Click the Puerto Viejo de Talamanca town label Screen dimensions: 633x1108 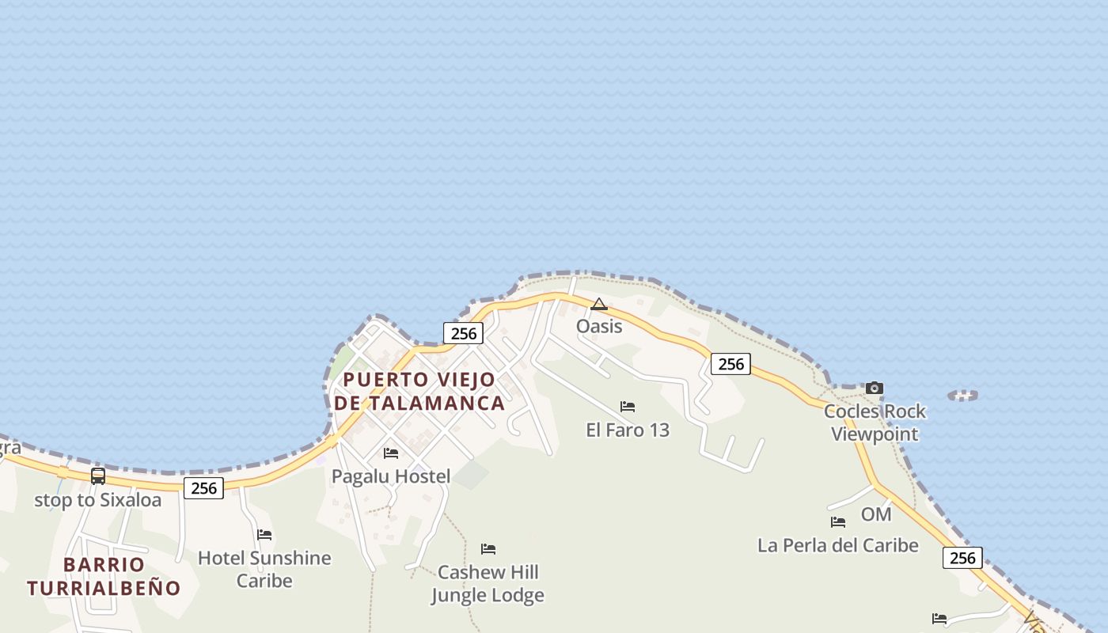(419, 391)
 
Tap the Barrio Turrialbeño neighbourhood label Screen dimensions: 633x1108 (104, 576)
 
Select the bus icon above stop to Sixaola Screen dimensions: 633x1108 (98, 476)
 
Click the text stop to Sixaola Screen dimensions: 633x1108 (97, 500)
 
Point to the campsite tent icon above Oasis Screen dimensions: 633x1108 (599, 304)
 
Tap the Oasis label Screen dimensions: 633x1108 (599, 326)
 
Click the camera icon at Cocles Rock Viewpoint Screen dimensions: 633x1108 (874, 388)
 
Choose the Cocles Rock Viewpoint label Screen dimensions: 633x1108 (875, 423)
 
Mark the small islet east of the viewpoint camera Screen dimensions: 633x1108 (963, 395)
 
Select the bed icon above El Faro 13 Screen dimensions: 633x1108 (628, 407)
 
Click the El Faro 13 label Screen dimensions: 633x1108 (628, 430)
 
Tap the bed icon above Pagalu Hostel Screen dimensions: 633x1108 (391, 453)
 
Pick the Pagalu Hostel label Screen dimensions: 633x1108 (391, 476)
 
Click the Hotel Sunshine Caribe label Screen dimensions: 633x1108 (264, 569)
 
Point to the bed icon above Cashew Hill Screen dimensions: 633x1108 (488, 549)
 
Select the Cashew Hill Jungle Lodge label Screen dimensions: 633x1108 (488, 583)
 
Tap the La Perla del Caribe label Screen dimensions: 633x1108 (838, 545)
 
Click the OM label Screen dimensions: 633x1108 (876, 514)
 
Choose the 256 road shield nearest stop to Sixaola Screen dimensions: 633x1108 (203, 488)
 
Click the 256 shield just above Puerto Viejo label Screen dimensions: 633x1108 (463, 333)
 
